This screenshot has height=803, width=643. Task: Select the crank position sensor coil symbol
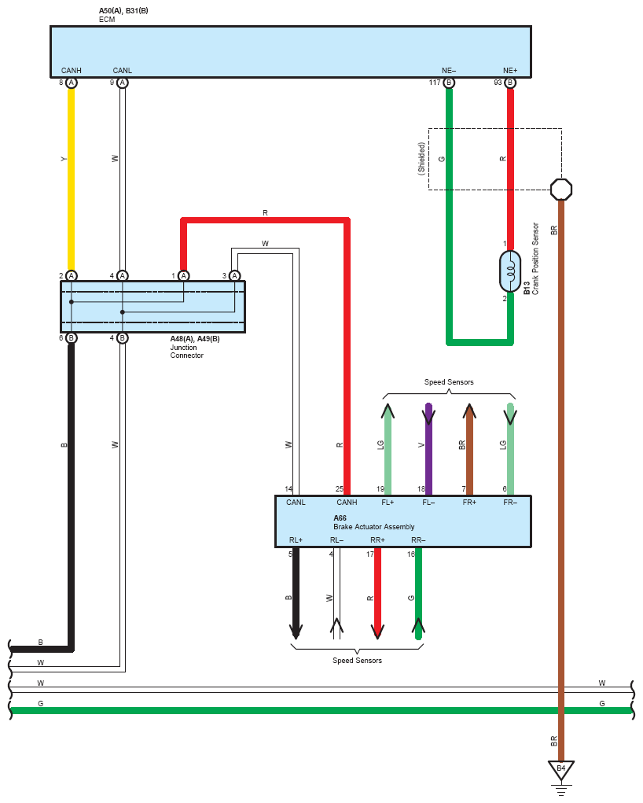coord(510,271)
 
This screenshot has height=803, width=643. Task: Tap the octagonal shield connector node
coord(561,190)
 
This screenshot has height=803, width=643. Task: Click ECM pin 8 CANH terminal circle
coord(72,83)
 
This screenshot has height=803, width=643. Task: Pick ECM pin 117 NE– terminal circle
coord(449,83)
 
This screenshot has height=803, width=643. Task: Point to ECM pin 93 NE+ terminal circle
coord(510,83)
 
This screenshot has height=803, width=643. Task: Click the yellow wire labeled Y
coord(72,179)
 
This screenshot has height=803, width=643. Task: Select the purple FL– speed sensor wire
coord(428,449)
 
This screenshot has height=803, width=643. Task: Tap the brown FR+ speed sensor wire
coord(469,449)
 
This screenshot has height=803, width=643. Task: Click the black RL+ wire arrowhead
coord(296,632)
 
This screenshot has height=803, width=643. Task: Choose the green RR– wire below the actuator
coord(418,594)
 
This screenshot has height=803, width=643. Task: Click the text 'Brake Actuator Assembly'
coord(373,526)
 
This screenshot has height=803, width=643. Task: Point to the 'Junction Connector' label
coord(187,352)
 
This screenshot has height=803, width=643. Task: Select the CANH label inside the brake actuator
coord(347,503)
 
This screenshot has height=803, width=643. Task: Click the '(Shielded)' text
coord(421,159)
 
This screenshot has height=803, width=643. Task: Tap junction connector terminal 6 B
coord(72,338)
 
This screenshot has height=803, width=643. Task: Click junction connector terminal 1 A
coord(183,275)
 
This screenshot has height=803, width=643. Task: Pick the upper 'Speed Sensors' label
coord(449,382)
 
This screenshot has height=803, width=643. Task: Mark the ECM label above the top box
coord(107,20)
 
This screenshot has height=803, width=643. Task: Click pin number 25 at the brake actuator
coord(340,489)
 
